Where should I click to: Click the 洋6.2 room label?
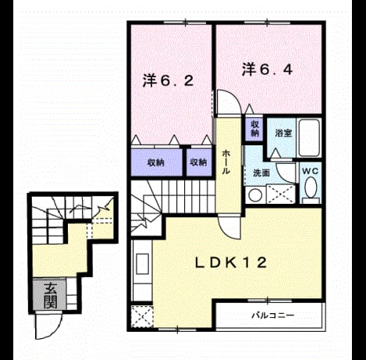click(168, 80)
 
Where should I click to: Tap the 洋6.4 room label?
click(268, 70)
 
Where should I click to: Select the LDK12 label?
click(231, 262)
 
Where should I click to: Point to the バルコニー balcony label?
click(273, 315)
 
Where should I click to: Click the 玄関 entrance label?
click(50, 295)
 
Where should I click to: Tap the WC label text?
click(310, 171)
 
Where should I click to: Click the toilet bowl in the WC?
click(311, 187)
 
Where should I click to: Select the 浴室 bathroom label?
click(283, 133)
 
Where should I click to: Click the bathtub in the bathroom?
click(309, 137)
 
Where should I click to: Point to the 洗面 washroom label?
click(261, 173)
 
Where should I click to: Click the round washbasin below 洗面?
click(255, 194)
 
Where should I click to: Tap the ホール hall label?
click(226, 162)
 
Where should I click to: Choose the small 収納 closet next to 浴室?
click(254, 129)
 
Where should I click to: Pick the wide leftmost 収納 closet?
click(156, 162)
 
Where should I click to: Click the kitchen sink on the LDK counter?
click(142, 264)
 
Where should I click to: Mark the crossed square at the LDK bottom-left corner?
click(142, 316)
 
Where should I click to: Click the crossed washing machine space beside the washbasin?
click(281, 194)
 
